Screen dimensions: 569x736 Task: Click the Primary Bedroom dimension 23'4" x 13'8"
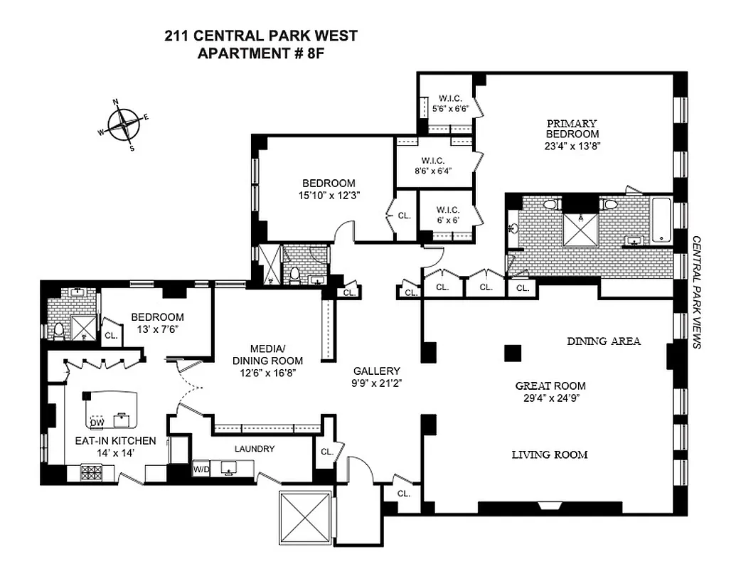point(572,147)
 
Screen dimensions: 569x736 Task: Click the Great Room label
point(550,386)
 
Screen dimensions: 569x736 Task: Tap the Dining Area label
point(603,341)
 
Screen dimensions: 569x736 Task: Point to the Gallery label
point(377,371)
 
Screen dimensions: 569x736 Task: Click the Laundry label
point(254,449)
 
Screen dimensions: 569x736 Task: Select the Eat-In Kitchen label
point(105,441)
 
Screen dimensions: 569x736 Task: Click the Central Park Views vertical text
point(697,292)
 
